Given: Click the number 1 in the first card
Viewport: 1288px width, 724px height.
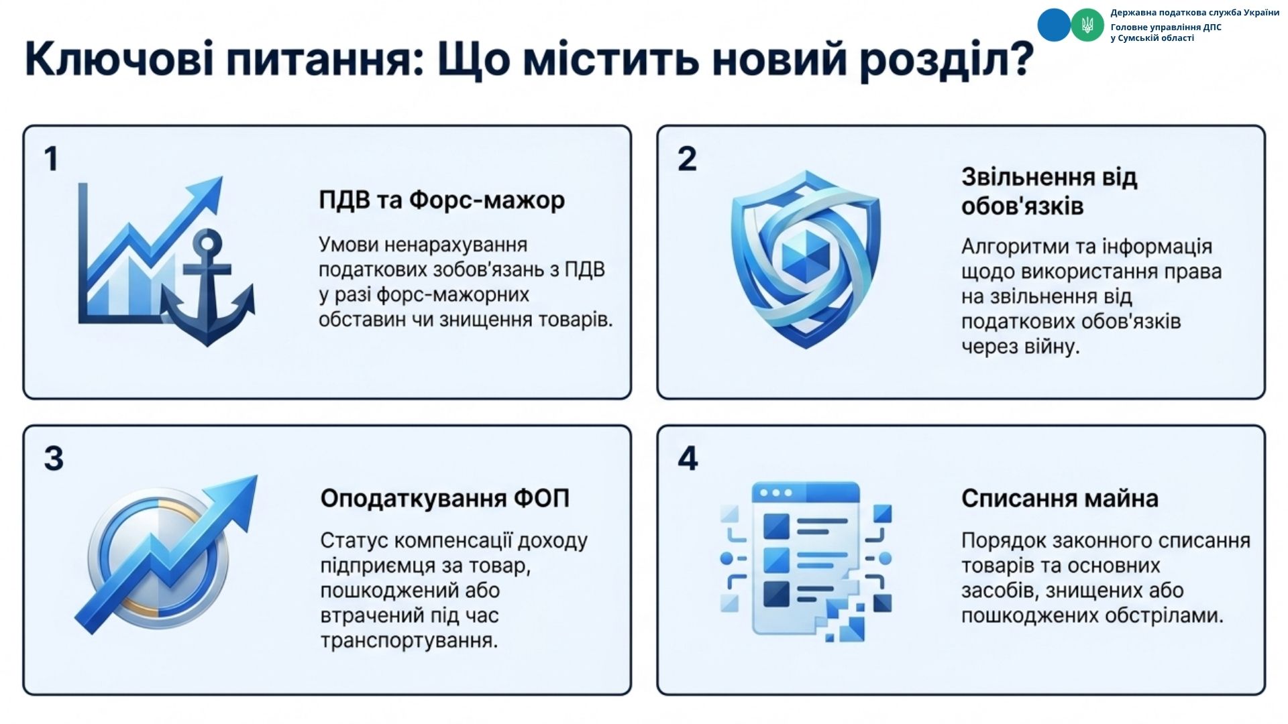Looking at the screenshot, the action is tap(52, 159).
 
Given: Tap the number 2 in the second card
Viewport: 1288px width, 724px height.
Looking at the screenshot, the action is tap(687, 159).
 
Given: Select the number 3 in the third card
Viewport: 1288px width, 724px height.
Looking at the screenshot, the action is tap(54, 459).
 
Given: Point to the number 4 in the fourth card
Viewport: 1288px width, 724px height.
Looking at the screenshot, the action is tap(688, 459).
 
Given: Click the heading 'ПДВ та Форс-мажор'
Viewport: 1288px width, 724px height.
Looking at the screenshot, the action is tap(441, 200).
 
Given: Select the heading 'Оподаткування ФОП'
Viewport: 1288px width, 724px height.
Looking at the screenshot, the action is tap(445, 498).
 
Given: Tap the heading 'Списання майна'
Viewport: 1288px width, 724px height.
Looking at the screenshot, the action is tap(1060, 498).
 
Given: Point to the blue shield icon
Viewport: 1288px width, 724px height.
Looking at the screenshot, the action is tap(805, 259).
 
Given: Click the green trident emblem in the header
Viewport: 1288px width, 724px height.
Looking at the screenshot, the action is tap(1087, 25).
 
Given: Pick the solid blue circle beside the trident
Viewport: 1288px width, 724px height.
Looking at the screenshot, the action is tap(1054, 25).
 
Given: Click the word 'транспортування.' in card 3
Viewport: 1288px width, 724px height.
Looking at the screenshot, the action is tap(409, 640).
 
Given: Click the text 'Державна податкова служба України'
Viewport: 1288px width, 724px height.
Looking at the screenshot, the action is tap(1195, 13).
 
